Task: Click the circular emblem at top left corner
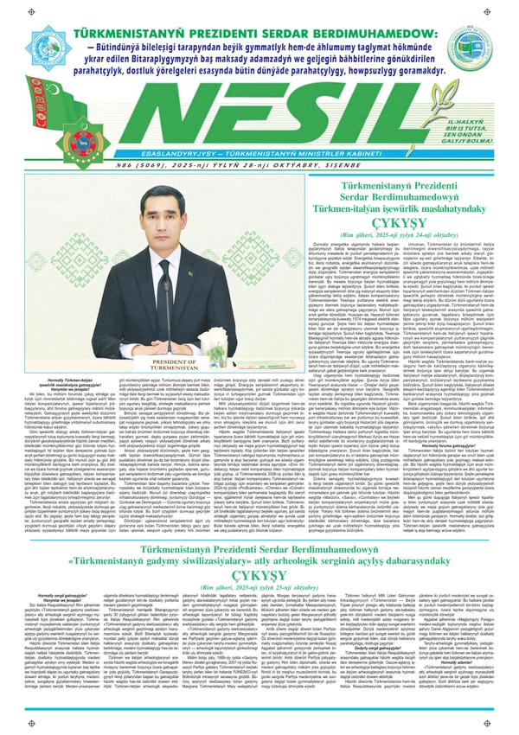(x=24, y=24)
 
